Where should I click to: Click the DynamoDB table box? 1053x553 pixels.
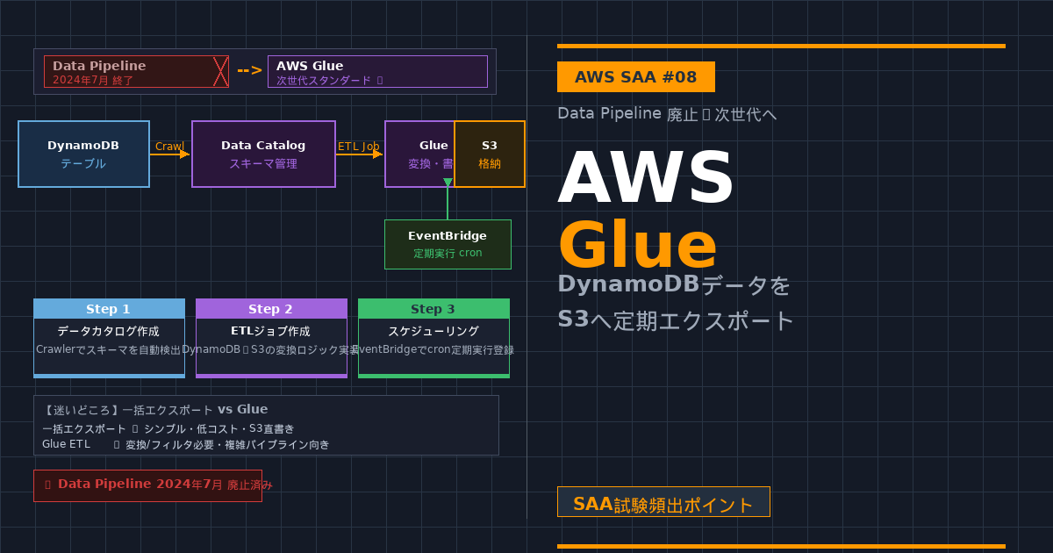(83, 154)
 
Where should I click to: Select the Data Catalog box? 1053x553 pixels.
(263, 154)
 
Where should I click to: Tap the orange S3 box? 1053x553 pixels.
(490, 154)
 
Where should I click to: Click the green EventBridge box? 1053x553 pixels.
(448, 244)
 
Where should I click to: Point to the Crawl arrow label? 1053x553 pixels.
(169, 146)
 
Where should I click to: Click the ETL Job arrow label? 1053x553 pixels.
(358, 146)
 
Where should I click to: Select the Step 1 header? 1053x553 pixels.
(109, 309)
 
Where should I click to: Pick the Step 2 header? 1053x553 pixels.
(271, 309)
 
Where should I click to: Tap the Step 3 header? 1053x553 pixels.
(433, 309)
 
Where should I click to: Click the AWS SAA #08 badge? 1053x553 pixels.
(635, 77)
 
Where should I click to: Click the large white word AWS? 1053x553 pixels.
(646, 179)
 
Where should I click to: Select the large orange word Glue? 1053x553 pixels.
(637, 246)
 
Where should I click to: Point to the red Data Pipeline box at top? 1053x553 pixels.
(136, 72)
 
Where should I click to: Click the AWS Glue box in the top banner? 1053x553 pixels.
(377, 72)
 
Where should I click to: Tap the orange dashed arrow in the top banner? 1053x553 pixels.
(249, 71)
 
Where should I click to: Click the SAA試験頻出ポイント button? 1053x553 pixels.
(663, 503)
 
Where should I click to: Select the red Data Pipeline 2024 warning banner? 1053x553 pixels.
(147, 485)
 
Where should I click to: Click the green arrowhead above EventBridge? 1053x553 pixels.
(448, 183)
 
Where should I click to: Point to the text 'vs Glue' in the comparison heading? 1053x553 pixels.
(242, 409)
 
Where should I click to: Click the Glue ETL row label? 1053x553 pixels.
(66, 444)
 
